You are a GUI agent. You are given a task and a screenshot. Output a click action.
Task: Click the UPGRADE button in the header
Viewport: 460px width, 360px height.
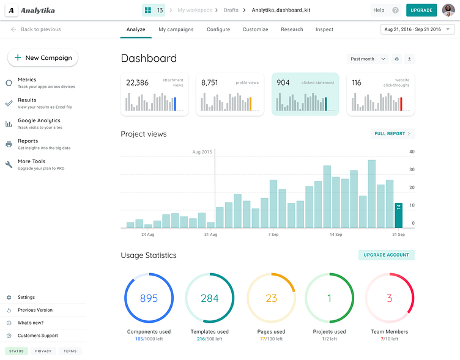pos(421,10)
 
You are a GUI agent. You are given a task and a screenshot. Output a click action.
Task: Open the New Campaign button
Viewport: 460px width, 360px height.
pos(43,57)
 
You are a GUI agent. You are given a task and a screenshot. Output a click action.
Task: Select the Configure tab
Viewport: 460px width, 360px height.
pos(218,29)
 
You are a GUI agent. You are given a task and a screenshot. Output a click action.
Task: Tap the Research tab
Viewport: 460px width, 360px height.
pos(292,29)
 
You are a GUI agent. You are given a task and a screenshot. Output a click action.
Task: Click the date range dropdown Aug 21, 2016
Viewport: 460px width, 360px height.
pos(417,29)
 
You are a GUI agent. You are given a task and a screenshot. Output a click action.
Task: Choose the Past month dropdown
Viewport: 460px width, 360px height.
pos(368,59)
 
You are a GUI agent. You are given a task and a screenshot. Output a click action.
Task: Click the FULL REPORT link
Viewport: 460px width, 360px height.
pos(393,134)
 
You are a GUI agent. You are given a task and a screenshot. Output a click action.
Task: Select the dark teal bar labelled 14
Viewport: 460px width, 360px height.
pos(398,215)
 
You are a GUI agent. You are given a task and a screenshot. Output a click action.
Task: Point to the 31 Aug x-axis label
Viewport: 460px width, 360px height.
pos(210,235)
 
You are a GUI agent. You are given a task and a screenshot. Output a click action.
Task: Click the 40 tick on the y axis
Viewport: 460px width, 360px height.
pos(412,152)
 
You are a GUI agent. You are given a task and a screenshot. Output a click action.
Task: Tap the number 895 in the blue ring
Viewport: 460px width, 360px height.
pos(149,298)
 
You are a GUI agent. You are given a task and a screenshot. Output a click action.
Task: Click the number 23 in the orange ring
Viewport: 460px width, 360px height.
pos(272,298)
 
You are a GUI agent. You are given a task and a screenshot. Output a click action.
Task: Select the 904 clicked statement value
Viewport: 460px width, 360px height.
pos(283,83)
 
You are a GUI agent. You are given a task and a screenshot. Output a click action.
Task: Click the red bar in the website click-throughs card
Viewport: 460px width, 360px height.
pos(401,104)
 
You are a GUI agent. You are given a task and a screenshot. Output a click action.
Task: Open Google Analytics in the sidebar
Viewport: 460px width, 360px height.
pos(39,120)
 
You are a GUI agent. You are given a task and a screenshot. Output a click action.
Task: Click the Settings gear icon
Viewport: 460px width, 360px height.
pos(9,297)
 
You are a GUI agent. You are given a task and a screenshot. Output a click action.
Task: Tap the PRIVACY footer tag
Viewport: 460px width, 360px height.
pos(43,351)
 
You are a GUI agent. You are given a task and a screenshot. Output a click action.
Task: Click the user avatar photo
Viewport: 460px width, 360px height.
pos(448,10)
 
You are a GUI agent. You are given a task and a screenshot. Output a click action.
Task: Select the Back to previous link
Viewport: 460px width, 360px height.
pos(36,29)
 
